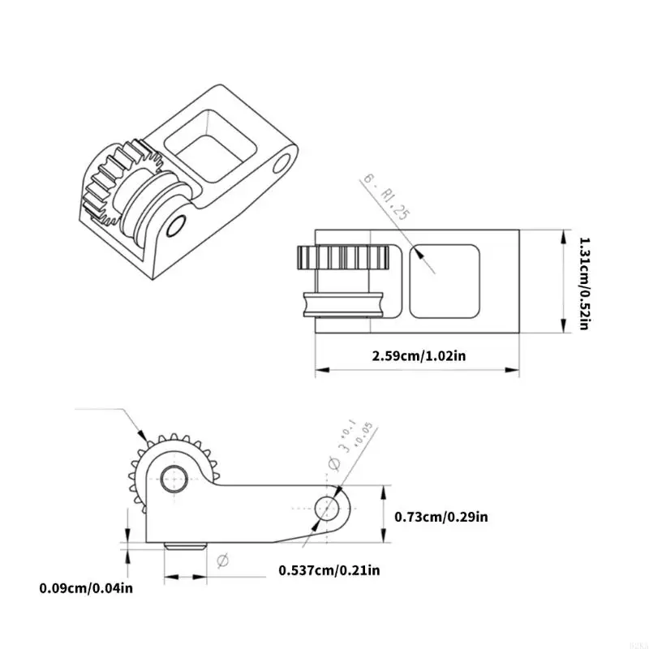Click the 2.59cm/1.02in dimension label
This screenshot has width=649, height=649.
pos(418,355)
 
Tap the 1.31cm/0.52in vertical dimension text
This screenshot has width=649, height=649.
pos(582,282)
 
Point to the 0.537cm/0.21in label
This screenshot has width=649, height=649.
pos(329,569)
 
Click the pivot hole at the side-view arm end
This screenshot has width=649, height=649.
pos(329,509)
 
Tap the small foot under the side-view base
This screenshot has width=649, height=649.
pos(183,547)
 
